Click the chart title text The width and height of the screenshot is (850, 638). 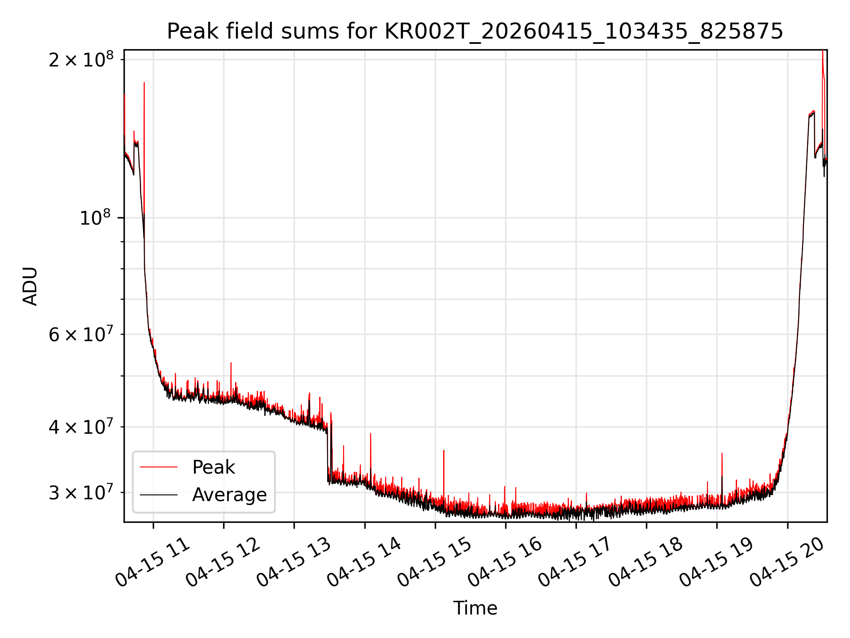click(475, 31)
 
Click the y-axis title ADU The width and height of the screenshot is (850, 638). click(30, 286)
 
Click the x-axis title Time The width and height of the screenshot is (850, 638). click(475, 608)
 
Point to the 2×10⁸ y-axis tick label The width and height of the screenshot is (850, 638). click(81, 59)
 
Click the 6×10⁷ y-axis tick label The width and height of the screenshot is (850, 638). click(81, 335)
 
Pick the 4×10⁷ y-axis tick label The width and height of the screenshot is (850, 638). click(81, 427)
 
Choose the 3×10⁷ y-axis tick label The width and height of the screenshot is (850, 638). click(81, 493)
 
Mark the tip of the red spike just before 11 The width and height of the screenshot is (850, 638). click(144, 82)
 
